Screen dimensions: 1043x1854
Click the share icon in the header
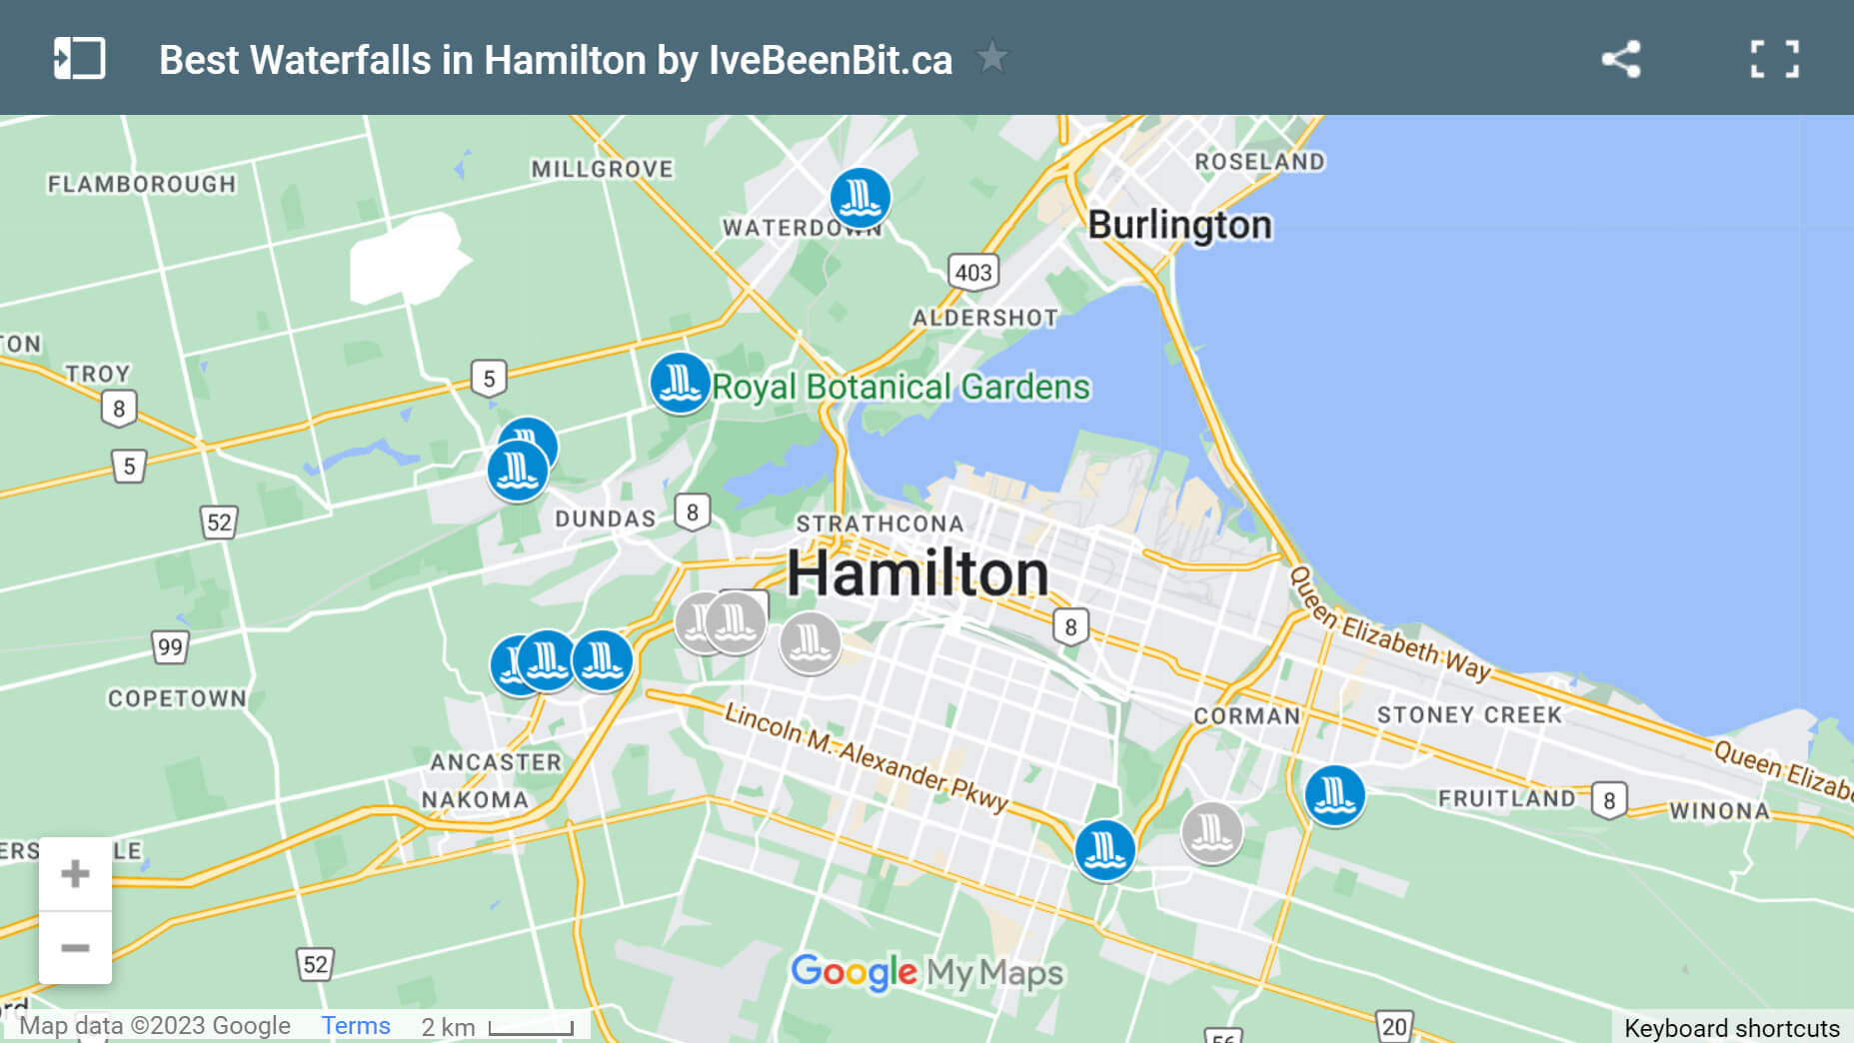pyautogui.click(x=1620, y=59)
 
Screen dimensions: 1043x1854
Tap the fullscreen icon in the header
pyautogui.click(x=1774, y=59)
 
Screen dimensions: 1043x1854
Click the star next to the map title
pyautogui.click(x=991, y=58)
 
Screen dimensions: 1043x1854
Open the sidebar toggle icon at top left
pyautogui.click(x=79, y=59)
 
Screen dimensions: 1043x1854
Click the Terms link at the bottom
pyautogui.click(x=355, y=1026)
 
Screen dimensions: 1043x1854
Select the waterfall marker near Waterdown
pyautogui.click(x=860, y=198)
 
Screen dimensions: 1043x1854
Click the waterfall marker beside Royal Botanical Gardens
pyautogui.click(x=680, y=383)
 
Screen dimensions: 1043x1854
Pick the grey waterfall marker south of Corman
pyautogui.click(x=1211, y=831)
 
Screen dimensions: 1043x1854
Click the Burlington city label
pyautogui.click(x=1179, y=225)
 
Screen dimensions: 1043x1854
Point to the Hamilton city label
pyautogui.click(x=918, y=573)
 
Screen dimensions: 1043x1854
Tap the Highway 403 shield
pyautogui.click(x=972, y=272)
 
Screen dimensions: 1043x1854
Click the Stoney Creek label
pyautogui.click(x=1468, y=715)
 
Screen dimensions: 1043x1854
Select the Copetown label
pyautogui.click(x=177, y=698)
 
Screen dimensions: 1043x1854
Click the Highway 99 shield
pyautogui.click(x=170, y=646)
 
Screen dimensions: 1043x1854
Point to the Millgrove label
pyautogui.click(x=602, y=169)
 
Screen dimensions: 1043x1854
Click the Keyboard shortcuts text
pyautogui.click(x=1731, y=1028)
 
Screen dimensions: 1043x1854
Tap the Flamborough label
pyautogui.click(x=142, y=184)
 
